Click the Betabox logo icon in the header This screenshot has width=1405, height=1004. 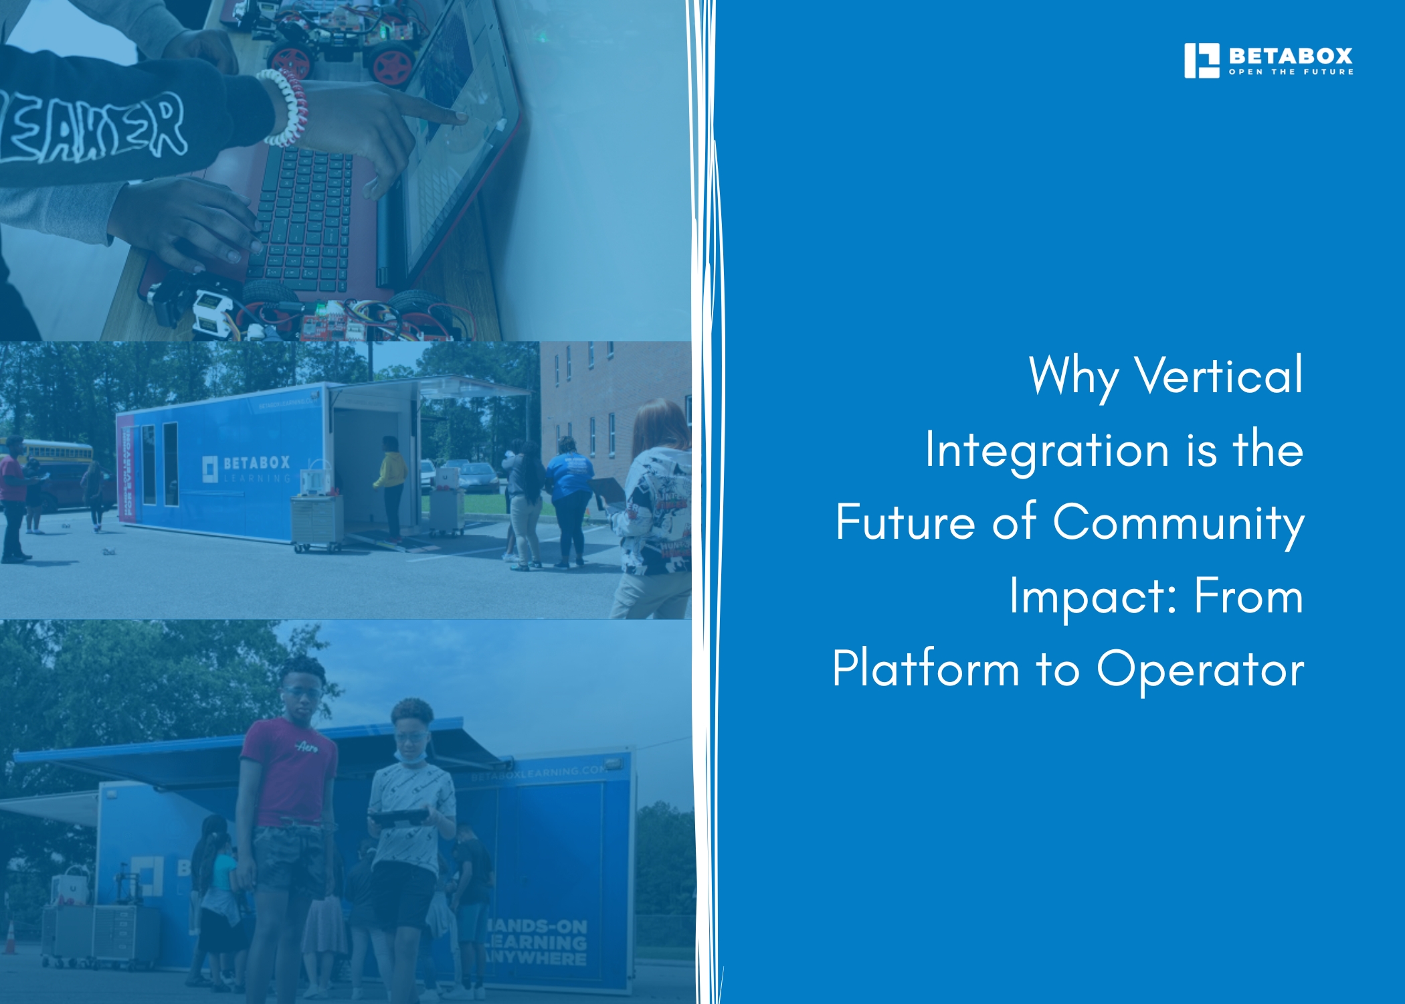1202,61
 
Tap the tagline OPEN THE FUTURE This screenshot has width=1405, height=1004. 1291,72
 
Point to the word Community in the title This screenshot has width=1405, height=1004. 1178,523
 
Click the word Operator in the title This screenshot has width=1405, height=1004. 1200,669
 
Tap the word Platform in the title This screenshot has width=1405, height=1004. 925,669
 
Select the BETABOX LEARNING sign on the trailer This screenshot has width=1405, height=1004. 248,469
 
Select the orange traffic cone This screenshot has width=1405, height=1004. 10,936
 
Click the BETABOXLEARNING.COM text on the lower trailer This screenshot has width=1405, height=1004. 538,774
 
